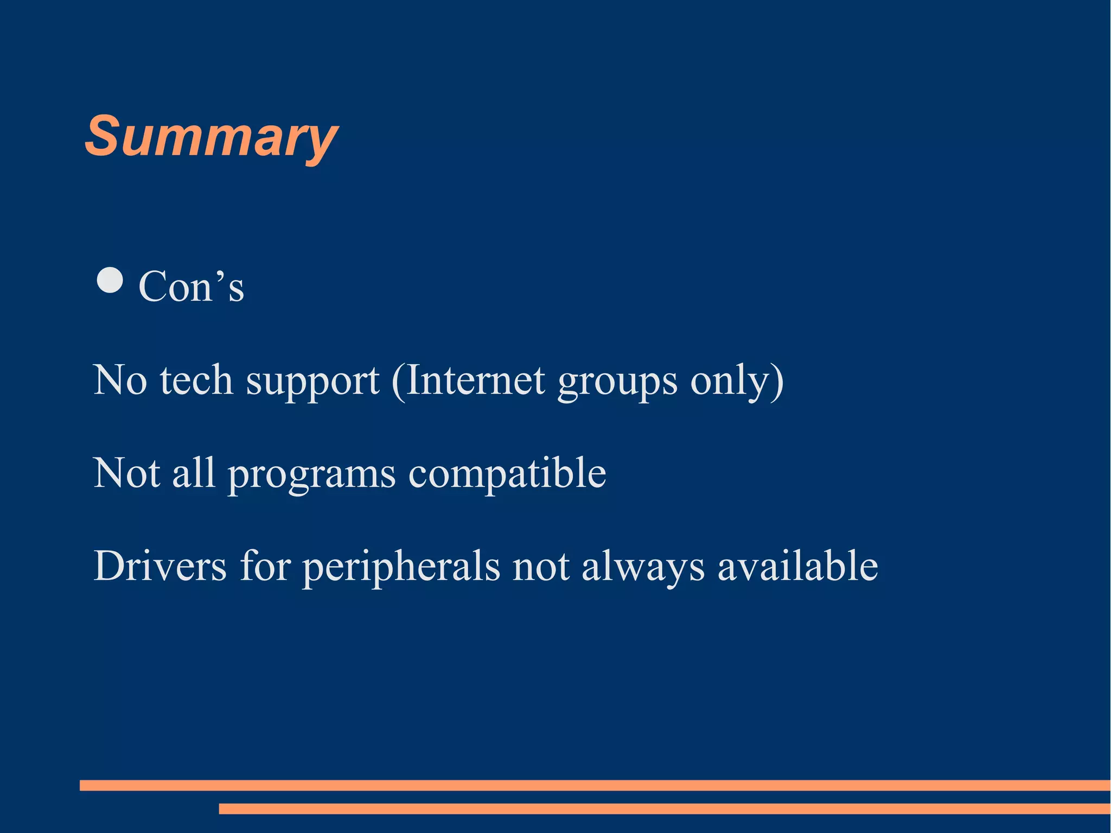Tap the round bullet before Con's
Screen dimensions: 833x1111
point(110,280)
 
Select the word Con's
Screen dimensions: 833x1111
point(191,286)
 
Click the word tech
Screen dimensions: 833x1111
point(196,380)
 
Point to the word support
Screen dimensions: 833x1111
point(312,381)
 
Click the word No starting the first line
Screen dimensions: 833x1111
point(120,380)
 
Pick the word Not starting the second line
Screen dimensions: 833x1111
point(126,473)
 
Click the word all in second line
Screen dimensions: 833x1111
point(194,473)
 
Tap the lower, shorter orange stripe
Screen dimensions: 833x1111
point(664,809)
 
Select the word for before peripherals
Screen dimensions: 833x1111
point(265,567)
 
